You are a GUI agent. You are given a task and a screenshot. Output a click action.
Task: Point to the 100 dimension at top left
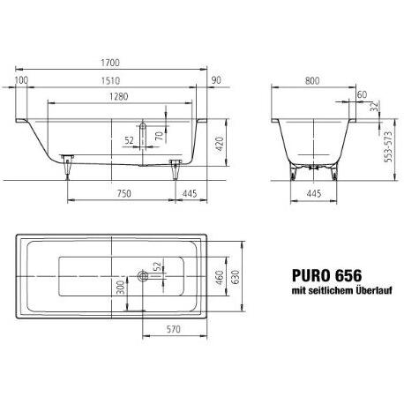[21, 81]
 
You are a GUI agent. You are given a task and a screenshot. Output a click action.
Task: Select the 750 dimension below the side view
[123, 192]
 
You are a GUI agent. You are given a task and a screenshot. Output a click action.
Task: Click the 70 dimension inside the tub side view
[159, 137]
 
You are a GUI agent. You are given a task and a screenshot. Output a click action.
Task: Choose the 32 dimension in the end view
[375, 108]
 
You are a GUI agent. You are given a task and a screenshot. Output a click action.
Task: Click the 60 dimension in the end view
[362, 95]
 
